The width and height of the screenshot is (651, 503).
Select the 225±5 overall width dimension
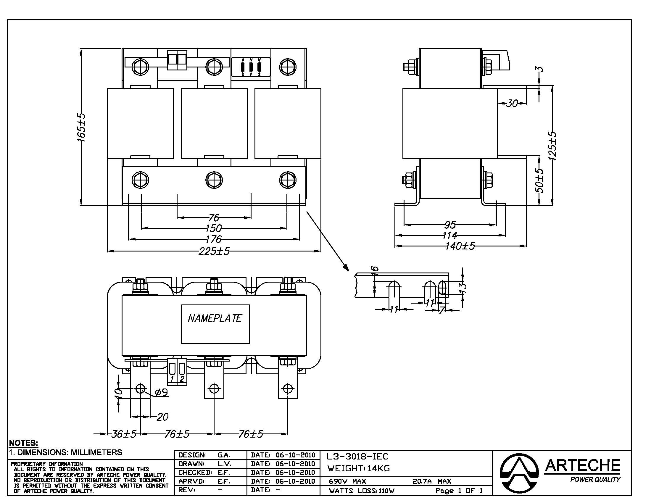[x=214, y=251]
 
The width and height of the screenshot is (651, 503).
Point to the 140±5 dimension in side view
[x=460, y=246]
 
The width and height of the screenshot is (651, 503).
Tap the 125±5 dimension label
[x=553, y=146]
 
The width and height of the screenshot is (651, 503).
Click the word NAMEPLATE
[x=215, y=319]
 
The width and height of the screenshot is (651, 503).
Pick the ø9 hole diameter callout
[x=162, y=392]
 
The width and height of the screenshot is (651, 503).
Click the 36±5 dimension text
[x=124, y=434]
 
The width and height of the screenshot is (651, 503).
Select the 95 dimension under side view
[x=450, y=225]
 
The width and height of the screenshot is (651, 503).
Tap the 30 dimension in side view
[x=512, y=103]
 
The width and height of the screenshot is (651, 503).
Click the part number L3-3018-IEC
[x=358, y=457]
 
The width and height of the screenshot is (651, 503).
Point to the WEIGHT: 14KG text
[x=358, y=468]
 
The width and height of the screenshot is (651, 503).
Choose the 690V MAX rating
[x=347, y=481]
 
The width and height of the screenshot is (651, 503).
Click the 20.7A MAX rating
[x=432, y=481]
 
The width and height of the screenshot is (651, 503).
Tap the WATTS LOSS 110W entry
[x=362, y=491]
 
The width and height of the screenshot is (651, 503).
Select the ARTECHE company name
[x=582, y=465]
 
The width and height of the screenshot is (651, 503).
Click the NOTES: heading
[x=24, y=443]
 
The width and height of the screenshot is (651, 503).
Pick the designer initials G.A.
[x=223, y=455]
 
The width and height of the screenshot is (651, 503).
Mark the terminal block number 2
[x=182, y=379]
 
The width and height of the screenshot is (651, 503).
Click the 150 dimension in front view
[x=213, y=228]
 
